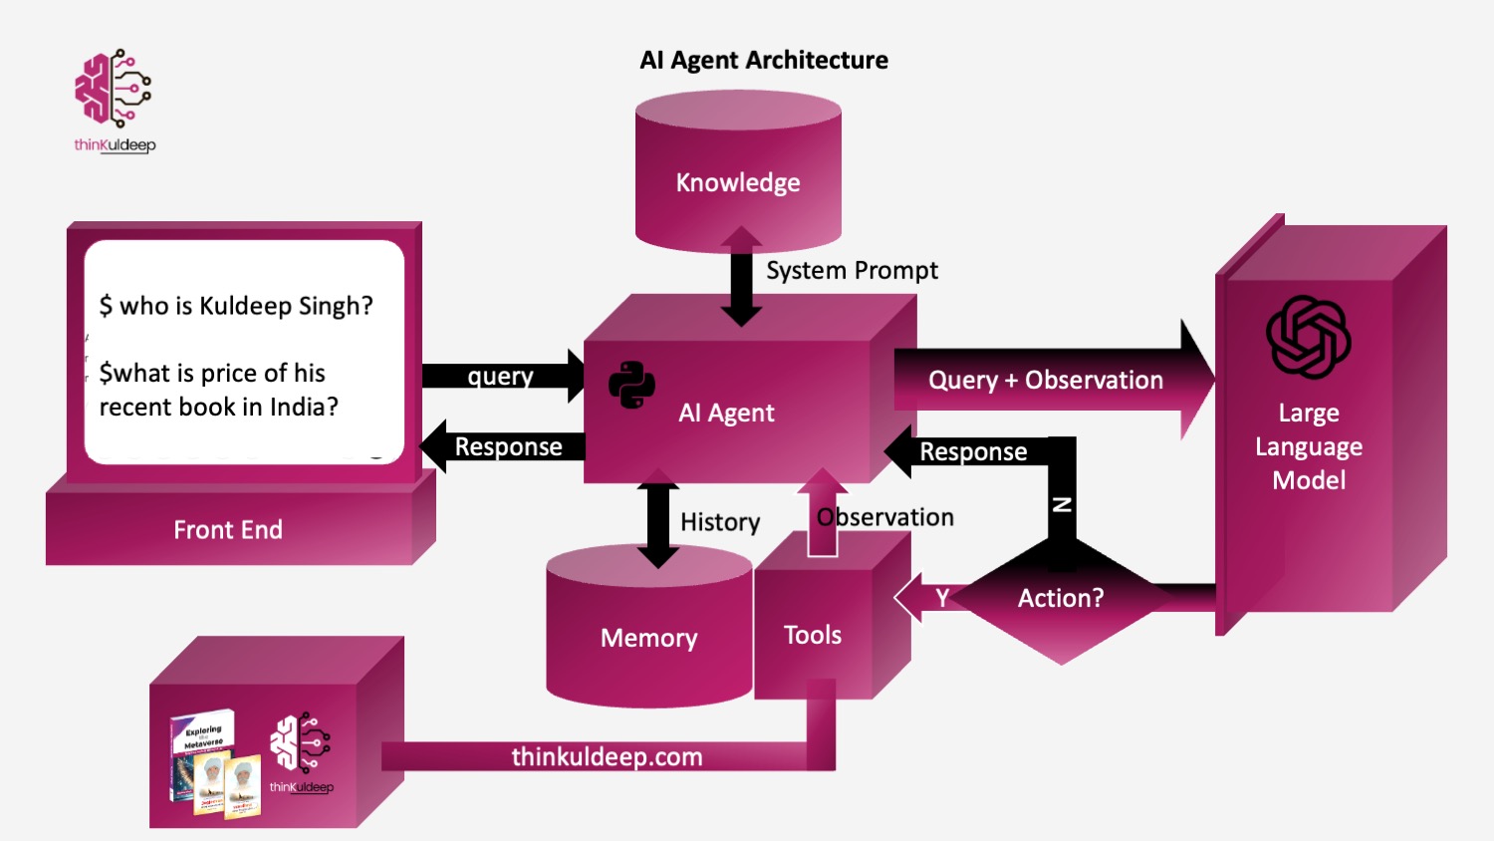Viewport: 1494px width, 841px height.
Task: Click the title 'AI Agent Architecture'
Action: click(x=764, y=61)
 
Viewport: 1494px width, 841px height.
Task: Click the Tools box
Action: click(x=813, y=635)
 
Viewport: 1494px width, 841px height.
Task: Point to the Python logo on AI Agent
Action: click(x=632, y=385)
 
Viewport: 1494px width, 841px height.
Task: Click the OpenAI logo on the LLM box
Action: click(x=1308, y=337)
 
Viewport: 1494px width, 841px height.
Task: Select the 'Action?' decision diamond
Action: click(x=1061, y=598)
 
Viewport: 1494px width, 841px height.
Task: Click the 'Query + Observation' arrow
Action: click(x=1046, y=380)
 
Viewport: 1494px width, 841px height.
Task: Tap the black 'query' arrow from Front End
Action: click(x=501, y=377)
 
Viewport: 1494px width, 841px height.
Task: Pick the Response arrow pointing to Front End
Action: click(x=506, y=447)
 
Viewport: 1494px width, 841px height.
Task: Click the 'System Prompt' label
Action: click(x=852, y=270)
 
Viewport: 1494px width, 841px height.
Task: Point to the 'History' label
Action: click(x=720, y=522)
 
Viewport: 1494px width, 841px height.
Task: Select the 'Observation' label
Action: click(x=885, y=517)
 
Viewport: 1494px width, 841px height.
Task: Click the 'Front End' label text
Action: click(x=228, y=529)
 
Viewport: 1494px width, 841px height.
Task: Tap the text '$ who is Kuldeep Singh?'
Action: click(x=236, y=306)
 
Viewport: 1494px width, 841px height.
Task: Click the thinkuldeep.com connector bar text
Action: click(x=607, y=756)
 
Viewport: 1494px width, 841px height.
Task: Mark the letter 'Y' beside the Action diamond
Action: click(x=942, y=598)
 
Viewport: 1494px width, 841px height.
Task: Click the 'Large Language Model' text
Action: click(x=1309, y=446)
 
